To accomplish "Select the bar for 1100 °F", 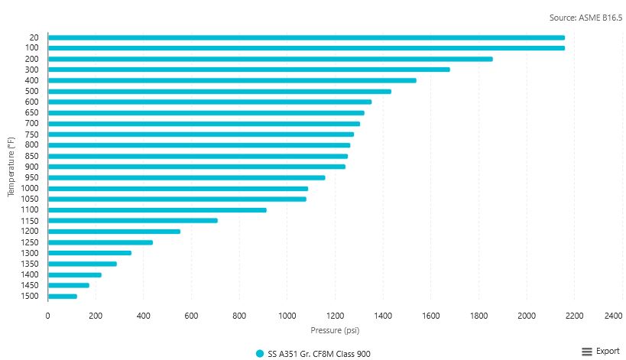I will [157, 209].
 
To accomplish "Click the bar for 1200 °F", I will [114, 231].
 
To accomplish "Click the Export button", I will [608, 351].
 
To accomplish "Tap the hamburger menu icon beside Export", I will [587, 351].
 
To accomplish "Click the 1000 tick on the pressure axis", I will [287, 316].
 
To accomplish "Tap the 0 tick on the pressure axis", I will [47, 316].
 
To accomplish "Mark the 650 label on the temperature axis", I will [32, 112].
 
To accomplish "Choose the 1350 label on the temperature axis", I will [31, 264].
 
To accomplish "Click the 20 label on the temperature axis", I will [34, 37].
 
